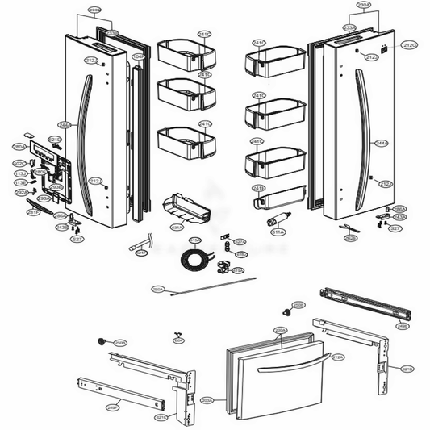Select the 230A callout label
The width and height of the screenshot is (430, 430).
pyautogui.click(x=364, y=5)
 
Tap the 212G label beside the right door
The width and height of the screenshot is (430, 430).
pyautogui.click(x=410, y=44)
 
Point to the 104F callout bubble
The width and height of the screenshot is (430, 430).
pyautogui.click(x=138, y=56)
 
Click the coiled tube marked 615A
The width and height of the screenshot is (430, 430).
pyautogui.click(x=194, y=260)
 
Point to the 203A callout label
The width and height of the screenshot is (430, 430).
pyautogui.click(x=207, y=399)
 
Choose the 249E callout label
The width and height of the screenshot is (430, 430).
pyautogui.click(x=401, y=327)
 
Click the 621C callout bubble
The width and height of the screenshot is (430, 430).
pyautogui.click(x=161, y=417)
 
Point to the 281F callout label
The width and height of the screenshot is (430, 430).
pyautogui.click(x=33, y=212)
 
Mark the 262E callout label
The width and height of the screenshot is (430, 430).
pyautogui.click(x=350, y=238)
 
